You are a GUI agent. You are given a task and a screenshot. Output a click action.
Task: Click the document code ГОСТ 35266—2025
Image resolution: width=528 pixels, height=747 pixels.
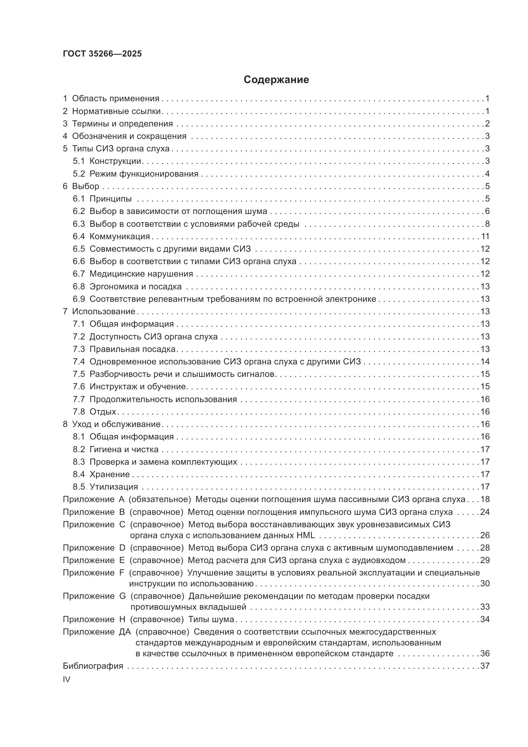(102, 54)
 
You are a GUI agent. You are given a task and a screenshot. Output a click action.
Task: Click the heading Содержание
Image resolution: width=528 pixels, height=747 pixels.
(276, 80)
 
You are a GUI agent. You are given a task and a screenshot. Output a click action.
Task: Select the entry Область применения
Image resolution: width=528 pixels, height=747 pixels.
(116, 98)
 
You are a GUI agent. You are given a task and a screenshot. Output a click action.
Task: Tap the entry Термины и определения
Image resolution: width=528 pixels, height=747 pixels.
(122, 124)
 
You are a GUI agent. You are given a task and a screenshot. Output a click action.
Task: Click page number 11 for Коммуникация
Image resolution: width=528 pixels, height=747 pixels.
(485, 236)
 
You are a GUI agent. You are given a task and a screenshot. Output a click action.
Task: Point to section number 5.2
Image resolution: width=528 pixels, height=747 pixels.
(78, 174)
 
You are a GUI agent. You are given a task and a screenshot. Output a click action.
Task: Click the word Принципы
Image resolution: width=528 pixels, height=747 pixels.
(110, 198)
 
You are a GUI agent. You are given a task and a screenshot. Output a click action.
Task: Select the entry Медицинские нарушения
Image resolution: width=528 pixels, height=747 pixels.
(141, 274)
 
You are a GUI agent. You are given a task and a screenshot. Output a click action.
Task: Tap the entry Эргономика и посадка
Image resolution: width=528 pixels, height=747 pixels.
(135, 286)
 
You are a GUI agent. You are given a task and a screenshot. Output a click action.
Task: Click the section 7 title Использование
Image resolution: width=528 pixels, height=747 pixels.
(103, 311)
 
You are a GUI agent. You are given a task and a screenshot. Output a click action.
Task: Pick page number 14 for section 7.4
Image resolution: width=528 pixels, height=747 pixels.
(485, 362)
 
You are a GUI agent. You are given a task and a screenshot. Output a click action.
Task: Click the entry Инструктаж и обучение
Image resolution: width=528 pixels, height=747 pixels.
(138, 386)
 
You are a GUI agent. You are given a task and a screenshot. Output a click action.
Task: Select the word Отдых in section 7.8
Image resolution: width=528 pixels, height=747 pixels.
(103, 412)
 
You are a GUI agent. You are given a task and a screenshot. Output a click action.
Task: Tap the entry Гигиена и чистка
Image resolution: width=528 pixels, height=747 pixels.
(124, 449)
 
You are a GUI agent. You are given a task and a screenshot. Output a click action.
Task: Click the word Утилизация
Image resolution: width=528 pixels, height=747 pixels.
(113, 487)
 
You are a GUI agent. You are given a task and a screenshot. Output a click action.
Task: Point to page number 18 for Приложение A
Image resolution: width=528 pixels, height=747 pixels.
(485, 499)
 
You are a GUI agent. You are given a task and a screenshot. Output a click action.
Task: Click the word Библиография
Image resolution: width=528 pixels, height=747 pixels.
(93, 666)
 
